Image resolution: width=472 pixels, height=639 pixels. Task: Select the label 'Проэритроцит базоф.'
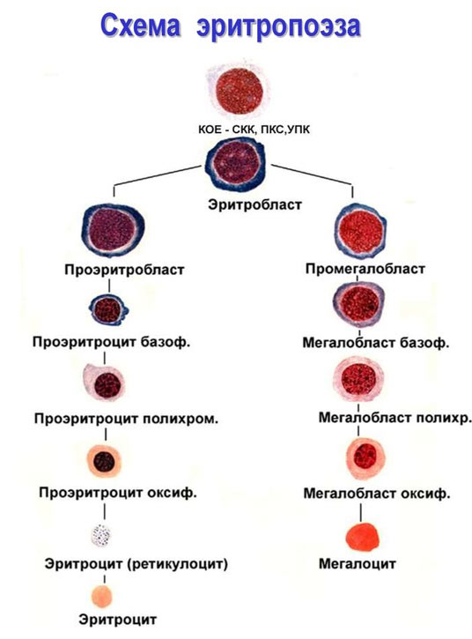pyautogui.click(x=110, y=341)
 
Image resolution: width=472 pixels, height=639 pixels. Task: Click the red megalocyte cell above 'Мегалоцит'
pyautogui.click(x=361, y=534)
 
